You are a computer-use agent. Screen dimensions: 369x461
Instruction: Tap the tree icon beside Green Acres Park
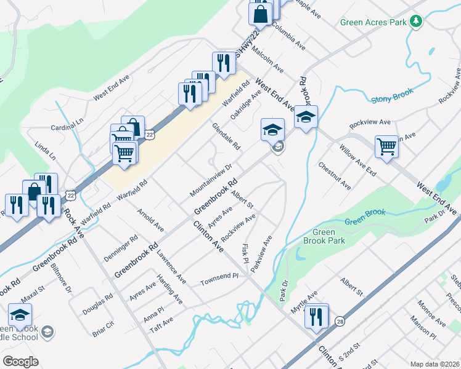pos(417,22)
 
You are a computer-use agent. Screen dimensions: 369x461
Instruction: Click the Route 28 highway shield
pos(340,322)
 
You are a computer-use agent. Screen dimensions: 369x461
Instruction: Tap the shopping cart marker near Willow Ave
pos(386,147)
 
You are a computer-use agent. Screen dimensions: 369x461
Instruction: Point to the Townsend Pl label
pos(219,280)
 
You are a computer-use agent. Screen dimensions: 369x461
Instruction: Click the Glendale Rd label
pos(226,137)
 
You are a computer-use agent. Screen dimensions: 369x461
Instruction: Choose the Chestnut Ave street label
pos(335,176)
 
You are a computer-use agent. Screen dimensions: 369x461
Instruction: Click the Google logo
pos(20,362)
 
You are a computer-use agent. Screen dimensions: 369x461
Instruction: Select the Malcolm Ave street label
pos(270,61)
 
